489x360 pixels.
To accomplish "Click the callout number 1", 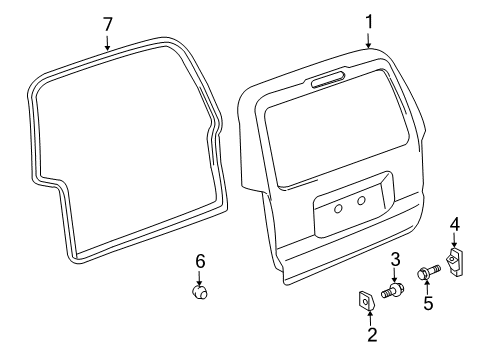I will tap(368, 20).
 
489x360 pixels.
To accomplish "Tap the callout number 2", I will tap(371, 335).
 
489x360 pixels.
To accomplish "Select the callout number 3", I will tap(395, 261).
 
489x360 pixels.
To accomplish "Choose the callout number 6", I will tap(200, 261).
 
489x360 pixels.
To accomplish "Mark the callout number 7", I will tap(108, 22).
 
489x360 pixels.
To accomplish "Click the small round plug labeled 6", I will tap(200, 293).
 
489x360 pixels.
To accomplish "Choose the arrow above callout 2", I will tap(371, 317).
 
